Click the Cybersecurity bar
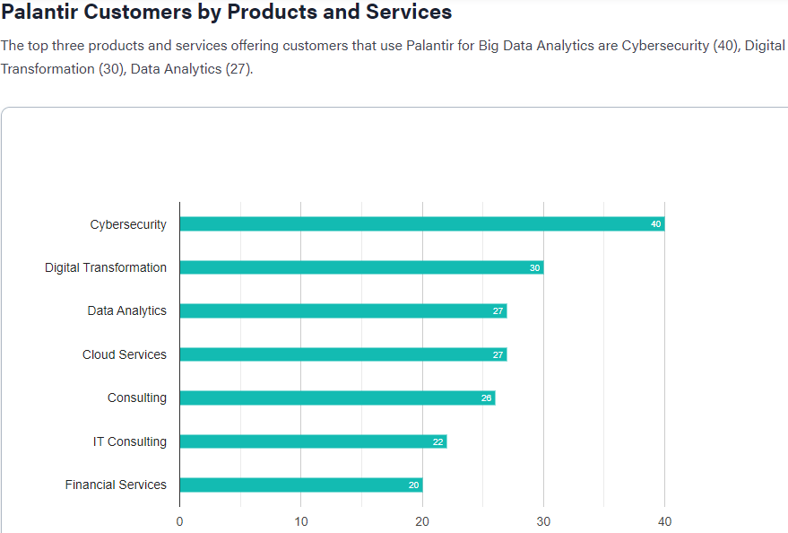[x=421, y=224]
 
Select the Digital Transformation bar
[x=361, y=267]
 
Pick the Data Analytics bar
[x=342, y=311]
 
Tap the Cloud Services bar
[x=342, y=354]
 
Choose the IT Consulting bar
[x=313, y=441]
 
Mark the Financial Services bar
[x=300, y=485]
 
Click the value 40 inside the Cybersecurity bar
[x=656, y=224]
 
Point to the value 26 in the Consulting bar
[x=487, y=398]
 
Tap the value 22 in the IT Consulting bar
[x=437, y=441]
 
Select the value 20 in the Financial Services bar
[x=413, y=485]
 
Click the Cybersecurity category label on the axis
[x=128, y=224]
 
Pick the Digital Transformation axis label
[x=106, y=267]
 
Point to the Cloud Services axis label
[x=125, y=354]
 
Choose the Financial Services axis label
[x=116, y=485]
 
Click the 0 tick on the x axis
[x=179, y=521]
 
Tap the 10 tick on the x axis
[x=301, y=521]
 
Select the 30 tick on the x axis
[x=543, y=521]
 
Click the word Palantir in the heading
[x=40, y=13]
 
